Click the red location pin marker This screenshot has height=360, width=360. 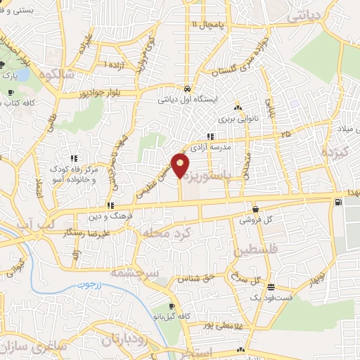tap(181, 166)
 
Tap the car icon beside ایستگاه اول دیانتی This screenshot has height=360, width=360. tap(187, 89)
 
